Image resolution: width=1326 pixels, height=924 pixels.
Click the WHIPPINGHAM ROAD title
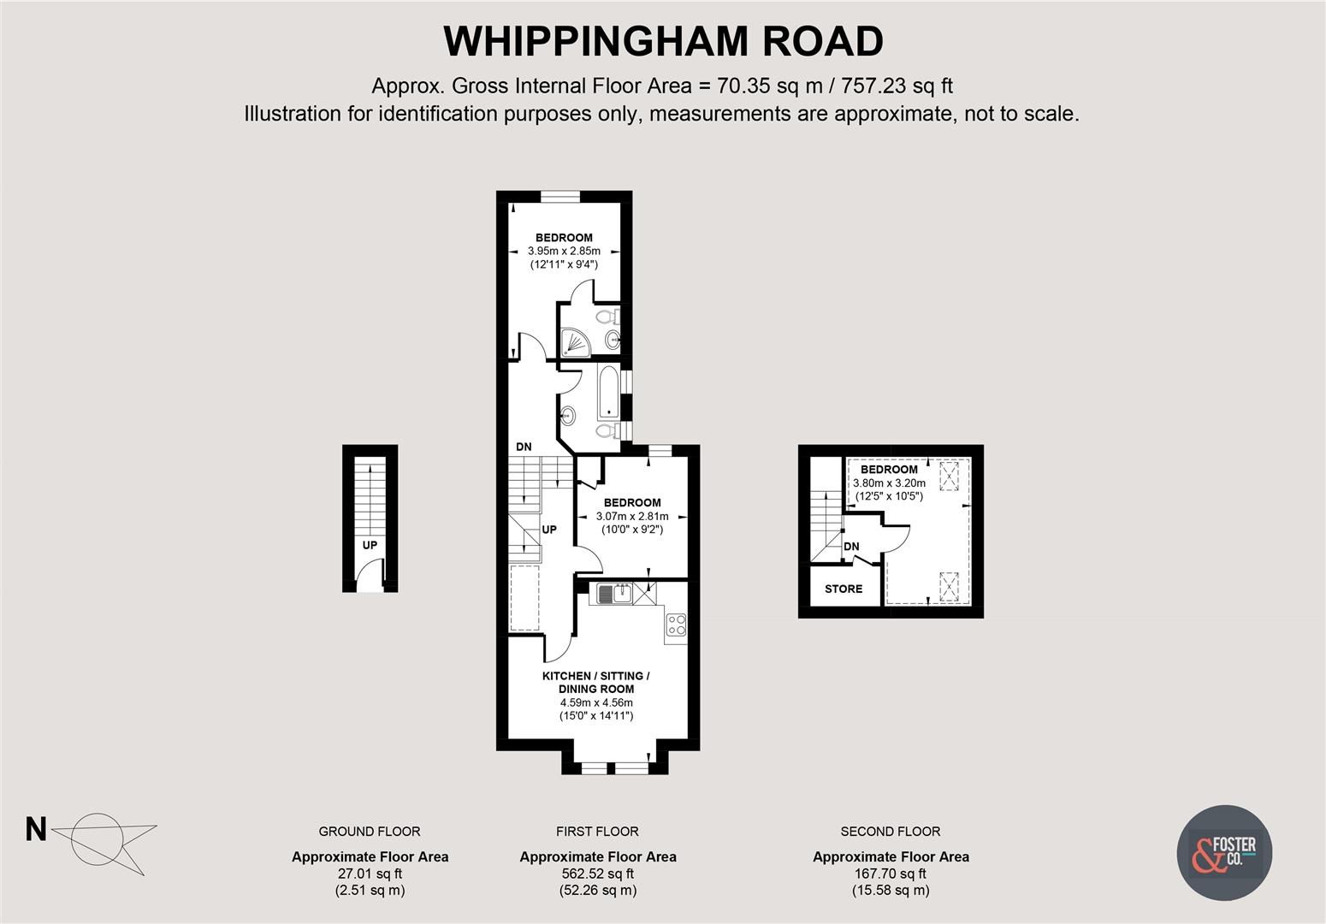point(663,40)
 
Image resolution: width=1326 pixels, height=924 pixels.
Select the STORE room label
point(843,589)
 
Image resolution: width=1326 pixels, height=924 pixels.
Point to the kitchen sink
point(613,593)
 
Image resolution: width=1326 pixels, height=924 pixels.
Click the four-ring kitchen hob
point(676,625)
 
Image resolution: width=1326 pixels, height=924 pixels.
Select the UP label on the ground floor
point(370,545)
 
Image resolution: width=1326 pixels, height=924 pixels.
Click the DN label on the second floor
point(851,547)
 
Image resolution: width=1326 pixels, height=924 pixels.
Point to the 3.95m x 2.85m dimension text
point(564,252)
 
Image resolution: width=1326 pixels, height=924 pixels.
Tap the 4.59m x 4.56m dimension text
point(596,702)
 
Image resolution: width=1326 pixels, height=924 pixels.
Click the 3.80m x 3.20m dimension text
point(889,483)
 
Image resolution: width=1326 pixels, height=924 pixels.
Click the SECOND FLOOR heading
point(890,831)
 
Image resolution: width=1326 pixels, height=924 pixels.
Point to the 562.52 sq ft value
point(597,874)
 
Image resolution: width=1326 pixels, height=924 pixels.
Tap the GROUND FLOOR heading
point(370,831)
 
